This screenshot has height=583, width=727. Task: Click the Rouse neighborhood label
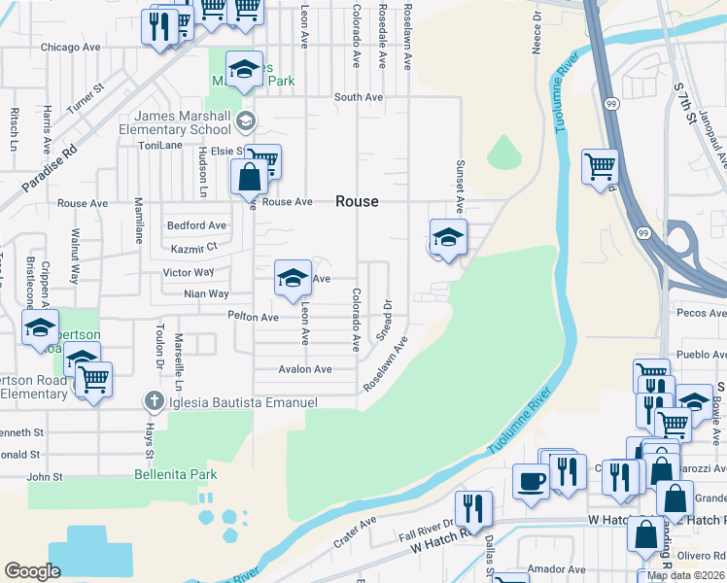(x=357, y=201)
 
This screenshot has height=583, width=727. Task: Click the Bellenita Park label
(x=176, y=474)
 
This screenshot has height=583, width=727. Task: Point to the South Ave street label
(x=359, y=97)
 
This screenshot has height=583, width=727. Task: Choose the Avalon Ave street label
(x=305, y=369)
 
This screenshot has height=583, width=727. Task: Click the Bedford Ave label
(x=196, y=225)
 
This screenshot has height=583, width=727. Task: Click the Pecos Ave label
(x=705, y=313)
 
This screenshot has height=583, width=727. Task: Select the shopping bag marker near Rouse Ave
(x=250, y=179)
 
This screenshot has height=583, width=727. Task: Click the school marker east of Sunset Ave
(x=448, y=237)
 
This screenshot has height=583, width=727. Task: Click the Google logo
(x=32, y=571)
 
